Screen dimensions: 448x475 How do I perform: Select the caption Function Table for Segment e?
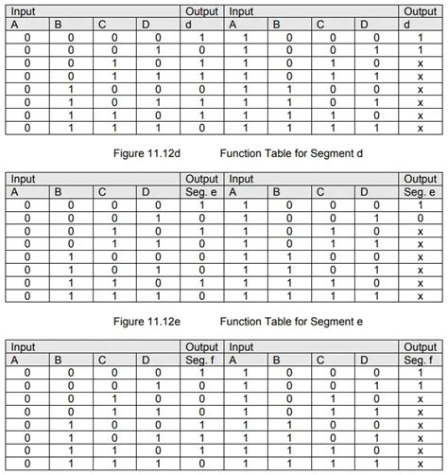292,322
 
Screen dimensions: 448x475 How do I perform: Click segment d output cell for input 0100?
201,88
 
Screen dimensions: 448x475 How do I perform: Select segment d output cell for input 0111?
201,127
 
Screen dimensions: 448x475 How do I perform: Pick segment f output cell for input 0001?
201,386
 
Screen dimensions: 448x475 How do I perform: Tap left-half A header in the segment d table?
14,25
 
